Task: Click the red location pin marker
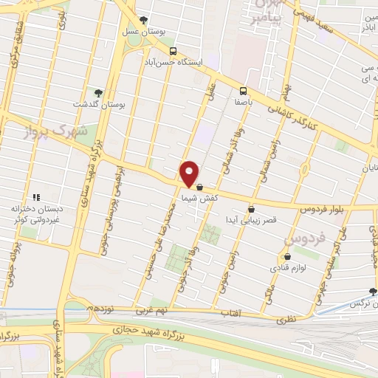pos(190,173)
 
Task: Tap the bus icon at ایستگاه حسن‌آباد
pos(173,51)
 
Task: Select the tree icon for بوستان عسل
pos(143,21)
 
